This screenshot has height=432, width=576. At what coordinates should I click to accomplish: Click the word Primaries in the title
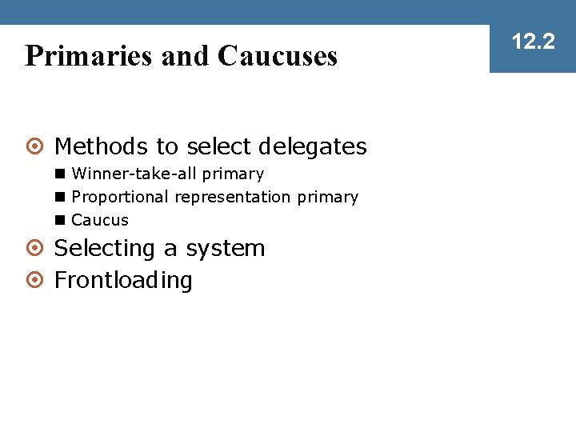point(89,56)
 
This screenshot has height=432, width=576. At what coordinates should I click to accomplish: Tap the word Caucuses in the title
point(277,56)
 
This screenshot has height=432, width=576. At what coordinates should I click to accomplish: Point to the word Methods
point(101,147)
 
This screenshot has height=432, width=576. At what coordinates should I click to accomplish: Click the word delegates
point(313,147)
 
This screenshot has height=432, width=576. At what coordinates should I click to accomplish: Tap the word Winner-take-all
point(134,174)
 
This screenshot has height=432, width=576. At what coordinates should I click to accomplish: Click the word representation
point(233,197)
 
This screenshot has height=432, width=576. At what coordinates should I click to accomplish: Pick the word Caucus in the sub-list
point(100,220)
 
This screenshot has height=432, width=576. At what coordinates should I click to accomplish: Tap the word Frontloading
point(123,281)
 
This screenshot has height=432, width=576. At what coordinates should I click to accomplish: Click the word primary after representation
point(327,197)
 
